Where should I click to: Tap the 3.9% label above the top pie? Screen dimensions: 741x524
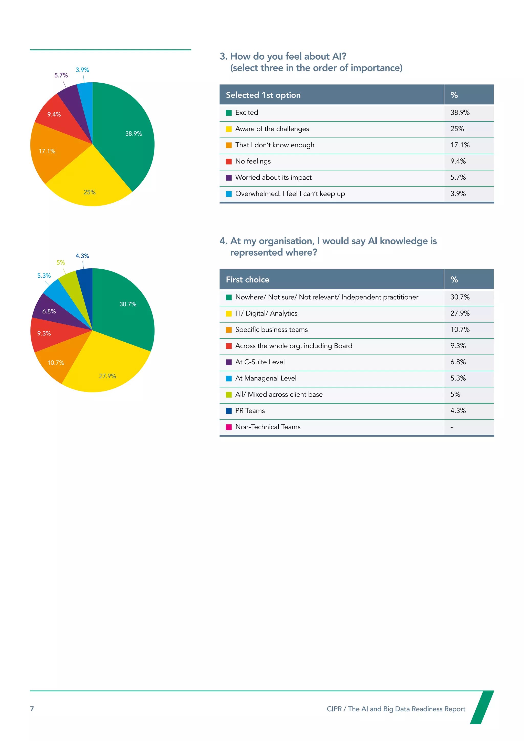click(x=82, y=70)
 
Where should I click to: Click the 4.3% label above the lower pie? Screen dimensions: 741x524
click(x=82, y=256)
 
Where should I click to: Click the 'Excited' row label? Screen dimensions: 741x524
click(x=246, y=113)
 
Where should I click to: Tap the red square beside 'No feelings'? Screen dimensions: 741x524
click(x=229, y=161)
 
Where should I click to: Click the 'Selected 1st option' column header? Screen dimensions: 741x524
click(x=263, y=95)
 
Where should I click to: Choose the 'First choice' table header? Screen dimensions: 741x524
click(x=247, y=279)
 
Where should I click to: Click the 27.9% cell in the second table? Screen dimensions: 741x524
click(x=460, y=313)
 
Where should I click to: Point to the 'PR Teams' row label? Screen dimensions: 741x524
click(x=250, y=410)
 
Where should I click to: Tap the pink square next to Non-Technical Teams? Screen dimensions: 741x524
click(x=229, y=427)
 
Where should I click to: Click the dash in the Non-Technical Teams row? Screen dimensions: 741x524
click(x=451, y=427)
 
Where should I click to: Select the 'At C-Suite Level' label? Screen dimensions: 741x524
click(x=260, y=362)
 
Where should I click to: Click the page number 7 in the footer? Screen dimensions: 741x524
click(x=32, y=709)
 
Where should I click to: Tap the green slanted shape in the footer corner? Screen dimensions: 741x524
click(x=482, y=707)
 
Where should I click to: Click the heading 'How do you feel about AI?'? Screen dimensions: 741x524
click(x=288, y=57)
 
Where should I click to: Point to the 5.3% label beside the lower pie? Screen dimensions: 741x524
click(x=44, y=276)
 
